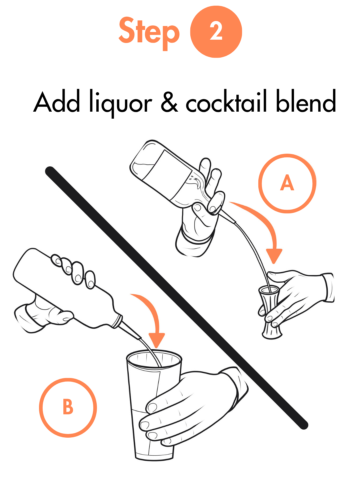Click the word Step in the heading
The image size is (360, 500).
tap(149, 33)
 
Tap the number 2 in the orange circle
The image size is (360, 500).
tap(216, 32)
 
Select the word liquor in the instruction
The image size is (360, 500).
tap(121, 103)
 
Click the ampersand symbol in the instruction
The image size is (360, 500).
tap(169, 102)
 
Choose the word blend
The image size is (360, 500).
tap(306, 101)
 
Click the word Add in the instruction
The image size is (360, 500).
tap(57, 102)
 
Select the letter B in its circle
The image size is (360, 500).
tap(68, 406)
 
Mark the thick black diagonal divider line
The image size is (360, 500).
tap(177, 298)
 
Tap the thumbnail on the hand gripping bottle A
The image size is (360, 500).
tap(197, 208)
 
